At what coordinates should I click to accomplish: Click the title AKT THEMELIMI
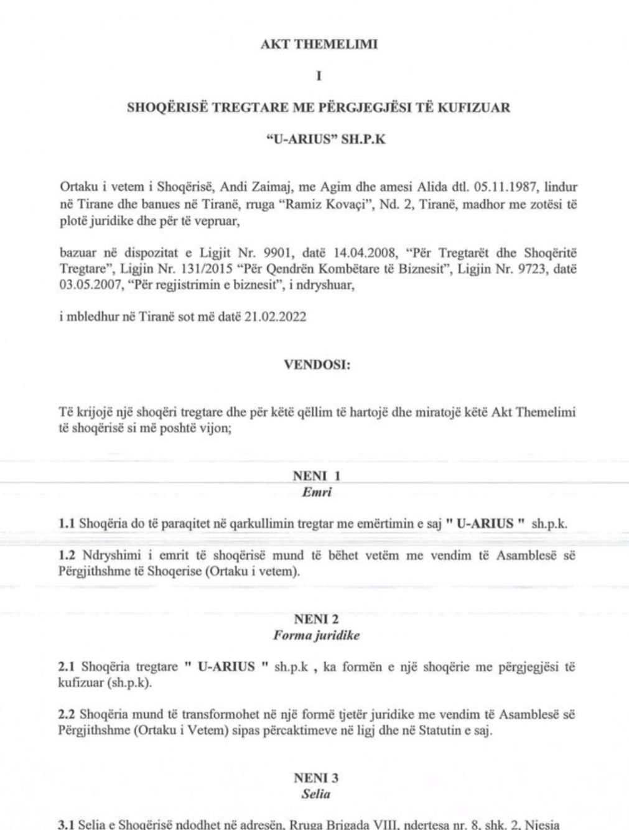318,45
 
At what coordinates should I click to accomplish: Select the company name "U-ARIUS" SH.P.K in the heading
318,139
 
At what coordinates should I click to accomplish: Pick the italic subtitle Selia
317,794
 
